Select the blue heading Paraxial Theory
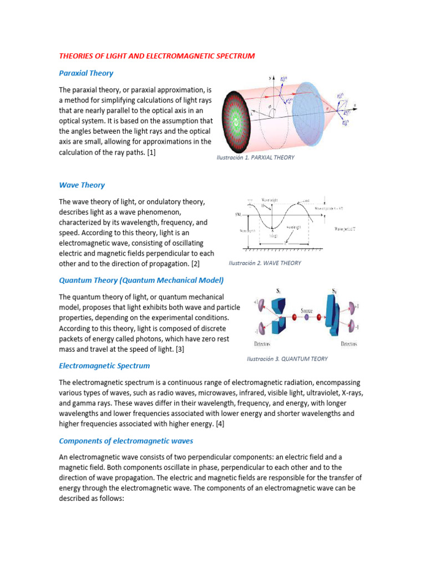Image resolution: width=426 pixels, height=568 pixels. [86, 73]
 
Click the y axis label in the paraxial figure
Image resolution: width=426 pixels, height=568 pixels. [270, 78]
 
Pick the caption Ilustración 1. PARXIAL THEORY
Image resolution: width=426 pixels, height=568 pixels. [255, 158]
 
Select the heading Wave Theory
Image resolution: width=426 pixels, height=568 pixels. [82, 185]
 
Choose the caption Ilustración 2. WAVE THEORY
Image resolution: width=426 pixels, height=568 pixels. [265, 263]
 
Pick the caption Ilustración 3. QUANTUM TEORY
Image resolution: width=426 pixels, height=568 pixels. [287, 359]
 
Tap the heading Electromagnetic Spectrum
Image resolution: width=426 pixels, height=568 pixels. [104, 366]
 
